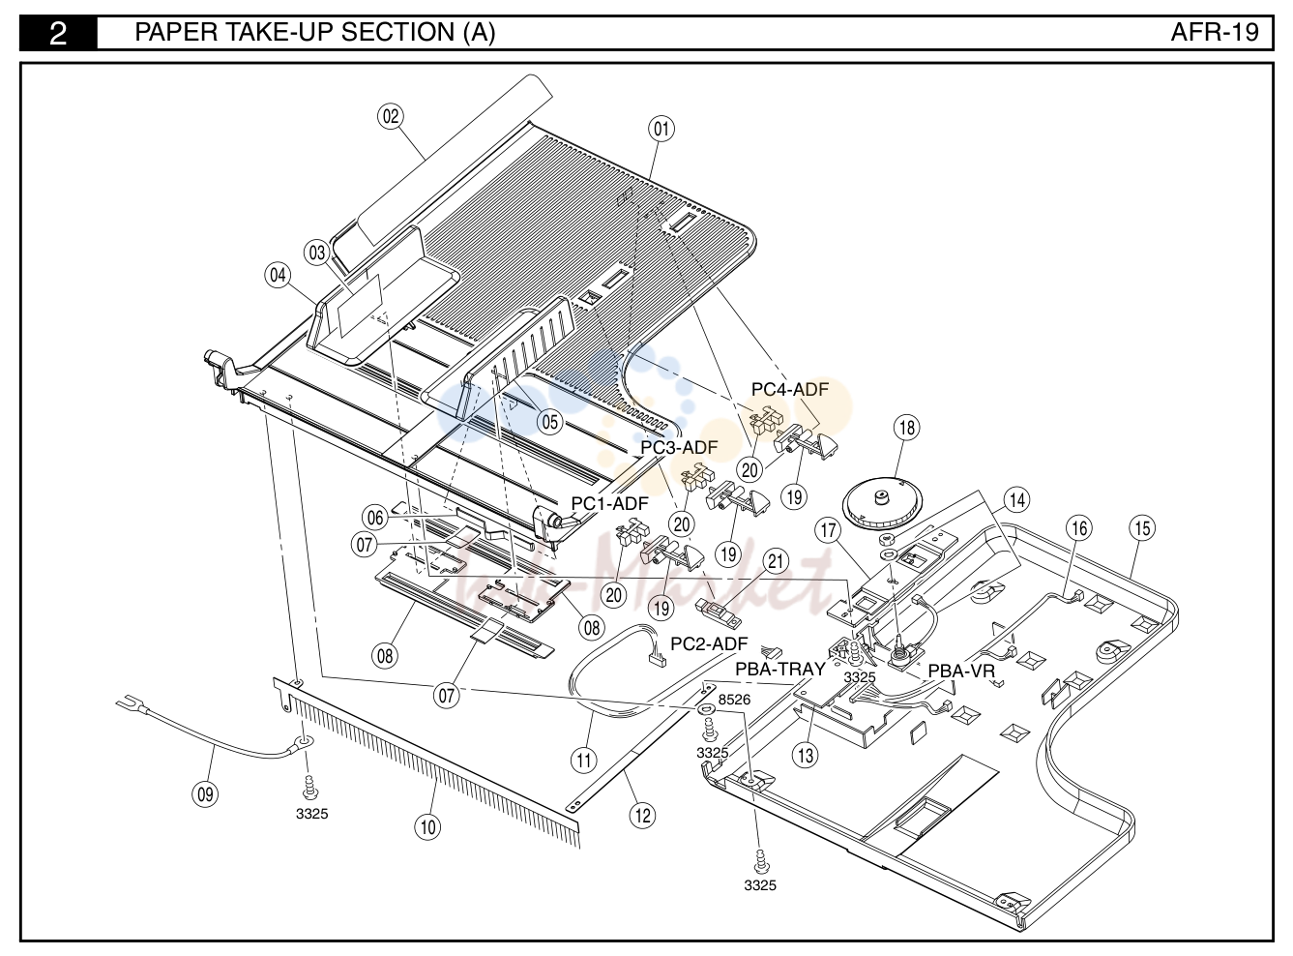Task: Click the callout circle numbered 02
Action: pyautogui.click(x=391, y=116)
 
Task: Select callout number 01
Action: pyautogui.click(x=661, y=129)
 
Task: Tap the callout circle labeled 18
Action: pyautogui.click(x=907, y=428)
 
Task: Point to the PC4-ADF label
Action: pyautogui.click(x=790, y=389)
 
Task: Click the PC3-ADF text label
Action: pyautogui.click(x=680, y=447)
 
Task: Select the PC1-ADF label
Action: pyautogui.click(x=610, y=503)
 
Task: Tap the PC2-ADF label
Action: pyautogui.click(x=709, y=643)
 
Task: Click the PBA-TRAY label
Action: pyautogui.click(x=780, y=670)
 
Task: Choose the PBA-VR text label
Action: pyautogui.click(x=961, y=672)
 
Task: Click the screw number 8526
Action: pyautogui.click(x=734, y=700)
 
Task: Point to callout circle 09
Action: pyautogui.click(x=205, y=793)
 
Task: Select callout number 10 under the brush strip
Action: pyautogui.click(x=427, y=826)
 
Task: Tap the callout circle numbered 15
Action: pyautogui.click(x=1142, y=528)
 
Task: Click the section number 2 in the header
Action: pyautogui.click(x=58, y=33)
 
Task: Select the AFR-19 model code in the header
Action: pyautogui.click(x=1215, y=32)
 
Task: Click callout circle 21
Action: pyautogui.click(x=776, y=561)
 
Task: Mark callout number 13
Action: pyautogui.click(x=805, y=756)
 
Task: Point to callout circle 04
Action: pyautogui.click(x=279, y=275)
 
